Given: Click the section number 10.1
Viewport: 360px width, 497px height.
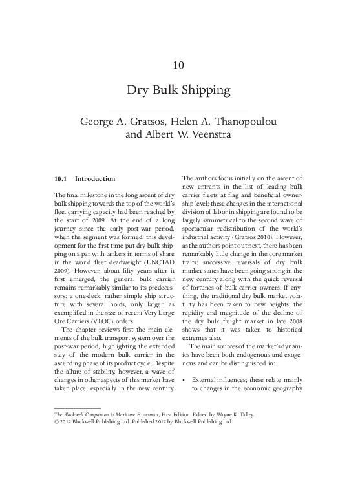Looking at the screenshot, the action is [x=61, y=178].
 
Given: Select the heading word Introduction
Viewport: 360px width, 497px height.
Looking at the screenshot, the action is [x=95, y=178].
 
